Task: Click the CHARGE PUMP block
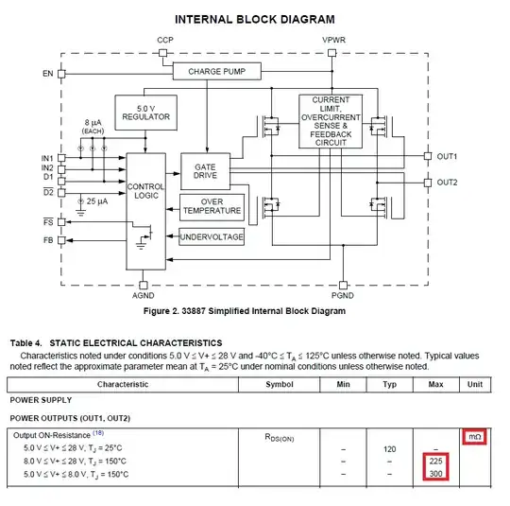coord(217,71)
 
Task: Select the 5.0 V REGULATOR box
coord(146,113)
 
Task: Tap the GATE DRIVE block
coord(205,171)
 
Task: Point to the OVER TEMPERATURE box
coord(212,207)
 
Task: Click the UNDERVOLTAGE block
coord(212,236)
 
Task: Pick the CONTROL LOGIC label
coord(145,191)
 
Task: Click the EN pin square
coord(61,74)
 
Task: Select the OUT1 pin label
coord(447,156)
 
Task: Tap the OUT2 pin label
coord(447,183)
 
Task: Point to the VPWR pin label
coord(333,40)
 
